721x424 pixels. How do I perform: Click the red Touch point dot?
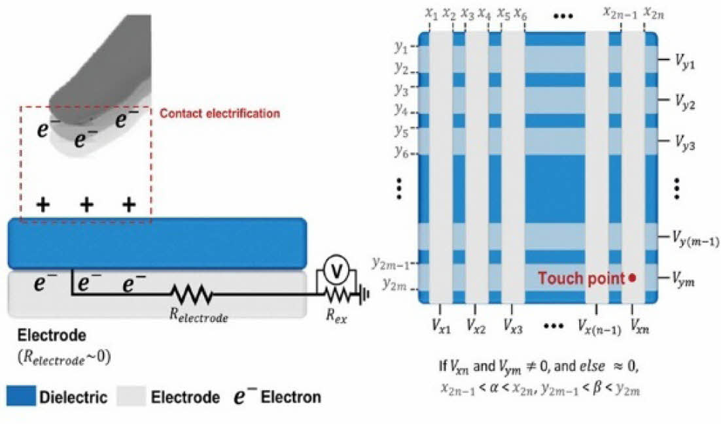632,278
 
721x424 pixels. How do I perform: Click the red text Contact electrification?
220,114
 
